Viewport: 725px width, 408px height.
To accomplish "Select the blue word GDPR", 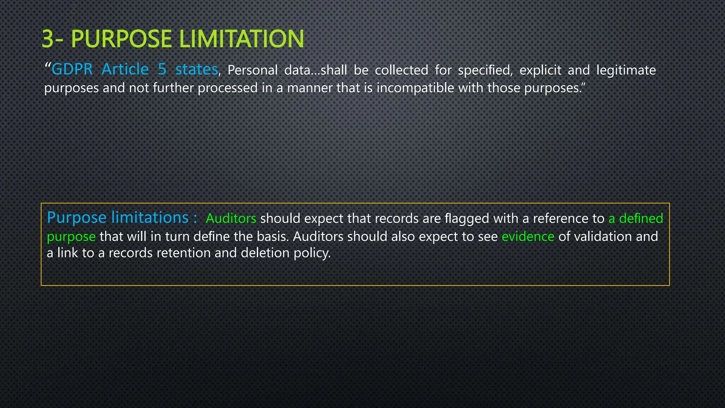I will [x=72, y=69].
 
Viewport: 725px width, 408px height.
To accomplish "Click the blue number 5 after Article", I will [x=162, y=69].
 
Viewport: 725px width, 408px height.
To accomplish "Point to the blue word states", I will [x=196, y=69].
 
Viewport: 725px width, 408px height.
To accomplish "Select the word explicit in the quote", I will [x=540, y=70].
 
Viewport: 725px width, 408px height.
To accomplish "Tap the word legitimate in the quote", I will [x=626, y=70].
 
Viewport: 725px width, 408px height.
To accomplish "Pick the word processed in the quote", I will [x=228, y=88].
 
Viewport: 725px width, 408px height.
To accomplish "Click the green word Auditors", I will [x=231, y=219].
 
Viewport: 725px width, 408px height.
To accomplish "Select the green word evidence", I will [x=528, y=237].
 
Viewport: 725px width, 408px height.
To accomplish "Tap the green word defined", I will [x=641, y=219].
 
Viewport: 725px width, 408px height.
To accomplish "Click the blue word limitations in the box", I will [x=150, y=217].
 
